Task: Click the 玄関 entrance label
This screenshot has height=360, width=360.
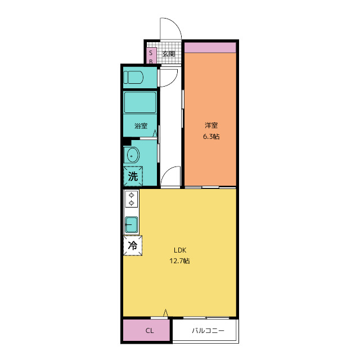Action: (x=169, y=54)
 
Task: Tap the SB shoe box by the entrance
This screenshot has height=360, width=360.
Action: (x=151, y=55)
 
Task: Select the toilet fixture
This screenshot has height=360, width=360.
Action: (x=133, y=77)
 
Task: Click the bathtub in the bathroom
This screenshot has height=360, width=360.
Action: (x=140, y=102)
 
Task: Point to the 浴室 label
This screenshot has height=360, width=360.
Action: (x=141, y=126)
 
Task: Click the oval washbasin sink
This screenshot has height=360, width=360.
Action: (x=132, y=155)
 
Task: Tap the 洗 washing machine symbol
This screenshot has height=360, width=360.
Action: (x=133, y=176)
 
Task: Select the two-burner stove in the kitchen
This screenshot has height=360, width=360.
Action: (x=131, y=199)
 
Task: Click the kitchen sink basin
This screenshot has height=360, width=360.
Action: (x=132, y=224)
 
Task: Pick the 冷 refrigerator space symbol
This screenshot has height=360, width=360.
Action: (x=133, y=245)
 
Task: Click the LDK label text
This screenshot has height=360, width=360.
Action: (x=180, y=250)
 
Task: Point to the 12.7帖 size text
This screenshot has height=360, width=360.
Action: (x=179, y=261)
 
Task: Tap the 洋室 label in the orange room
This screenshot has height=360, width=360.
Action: (x=211, y=125)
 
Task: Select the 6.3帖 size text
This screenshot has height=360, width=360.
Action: (x=211, y=137)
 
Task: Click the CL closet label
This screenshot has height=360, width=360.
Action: (x=150, y=331)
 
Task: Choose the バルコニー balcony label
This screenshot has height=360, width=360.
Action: (x=208, y=331)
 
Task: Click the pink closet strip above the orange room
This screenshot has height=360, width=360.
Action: (x=210, y=47)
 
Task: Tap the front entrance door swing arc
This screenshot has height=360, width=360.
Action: (x=175, y=24)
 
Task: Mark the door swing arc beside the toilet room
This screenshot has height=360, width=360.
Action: (x=174, y=81)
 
